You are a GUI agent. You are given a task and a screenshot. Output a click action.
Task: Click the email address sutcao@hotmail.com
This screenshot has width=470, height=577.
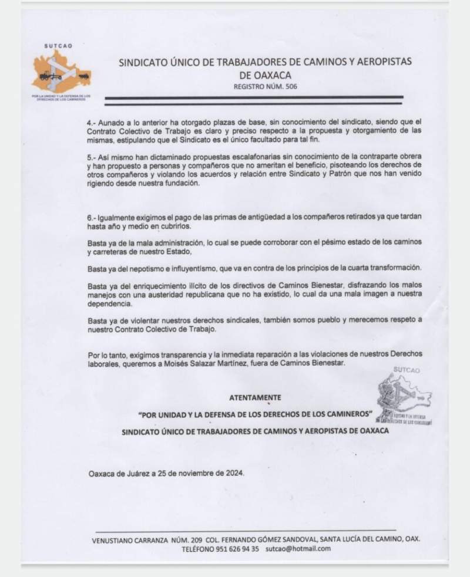(298, 548)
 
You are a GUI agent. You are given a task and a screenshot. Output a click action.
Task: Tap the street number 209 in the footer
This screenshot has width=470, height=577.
(181, 538)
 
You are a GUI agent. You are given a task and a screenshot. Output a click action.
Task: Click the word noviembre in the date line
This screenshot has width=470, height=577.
(190, 473)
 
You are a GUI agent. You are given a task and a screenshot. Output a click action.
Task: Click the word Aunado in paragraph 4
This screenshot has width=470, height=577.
(112, 122)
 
